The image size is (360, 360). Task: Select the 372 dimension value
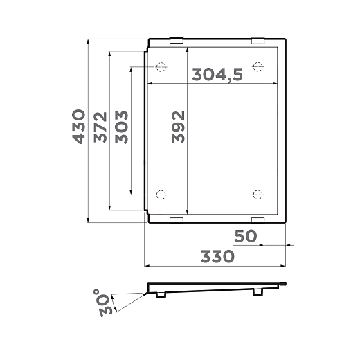(100, 127)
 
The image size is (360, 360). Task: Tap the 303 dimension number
(122, 127)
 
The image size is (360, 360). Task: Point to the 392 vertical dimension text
(178, 127)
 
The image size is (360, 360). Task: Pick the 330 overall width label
(217, 256)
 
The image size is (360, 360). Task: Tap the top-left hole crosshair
(161, 67)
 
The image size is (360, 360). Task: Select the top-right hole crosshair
(258, 67)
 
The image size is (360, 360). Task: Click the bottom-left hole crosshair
(161, 194)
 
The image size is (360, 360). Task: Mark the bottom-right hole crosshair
(258, 194)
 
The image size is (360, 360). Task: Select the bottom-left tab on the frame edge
(177, 220)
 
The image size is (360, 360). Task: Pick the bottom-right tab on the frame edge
(258, 220)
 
